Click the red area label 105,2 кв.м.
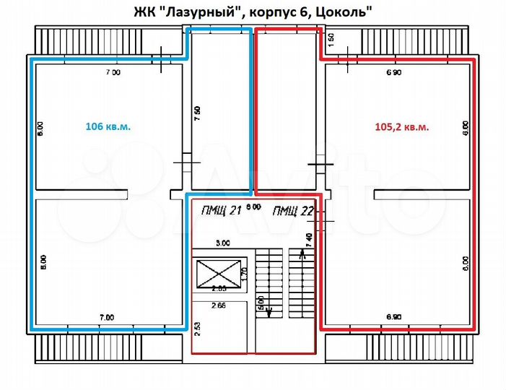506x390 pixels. [402, 126]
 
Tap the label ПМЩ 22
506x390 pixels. [292, 210]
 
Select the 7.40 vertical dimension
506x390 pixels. [308, 240]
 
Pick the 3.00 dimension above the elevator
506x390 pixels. [224, 243]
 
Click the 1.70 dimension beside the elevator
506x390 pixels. [245, 274]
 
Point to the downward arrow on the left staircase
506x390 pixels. [269, 311]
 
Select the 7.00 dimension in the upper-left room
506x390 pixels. [113, 73]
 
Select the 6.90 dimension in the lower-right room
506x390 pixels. [394, 316]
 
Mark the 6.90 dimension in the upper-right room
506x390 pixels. [394, 73]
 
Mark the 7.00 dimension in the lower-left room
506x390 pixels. [107, 316]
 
